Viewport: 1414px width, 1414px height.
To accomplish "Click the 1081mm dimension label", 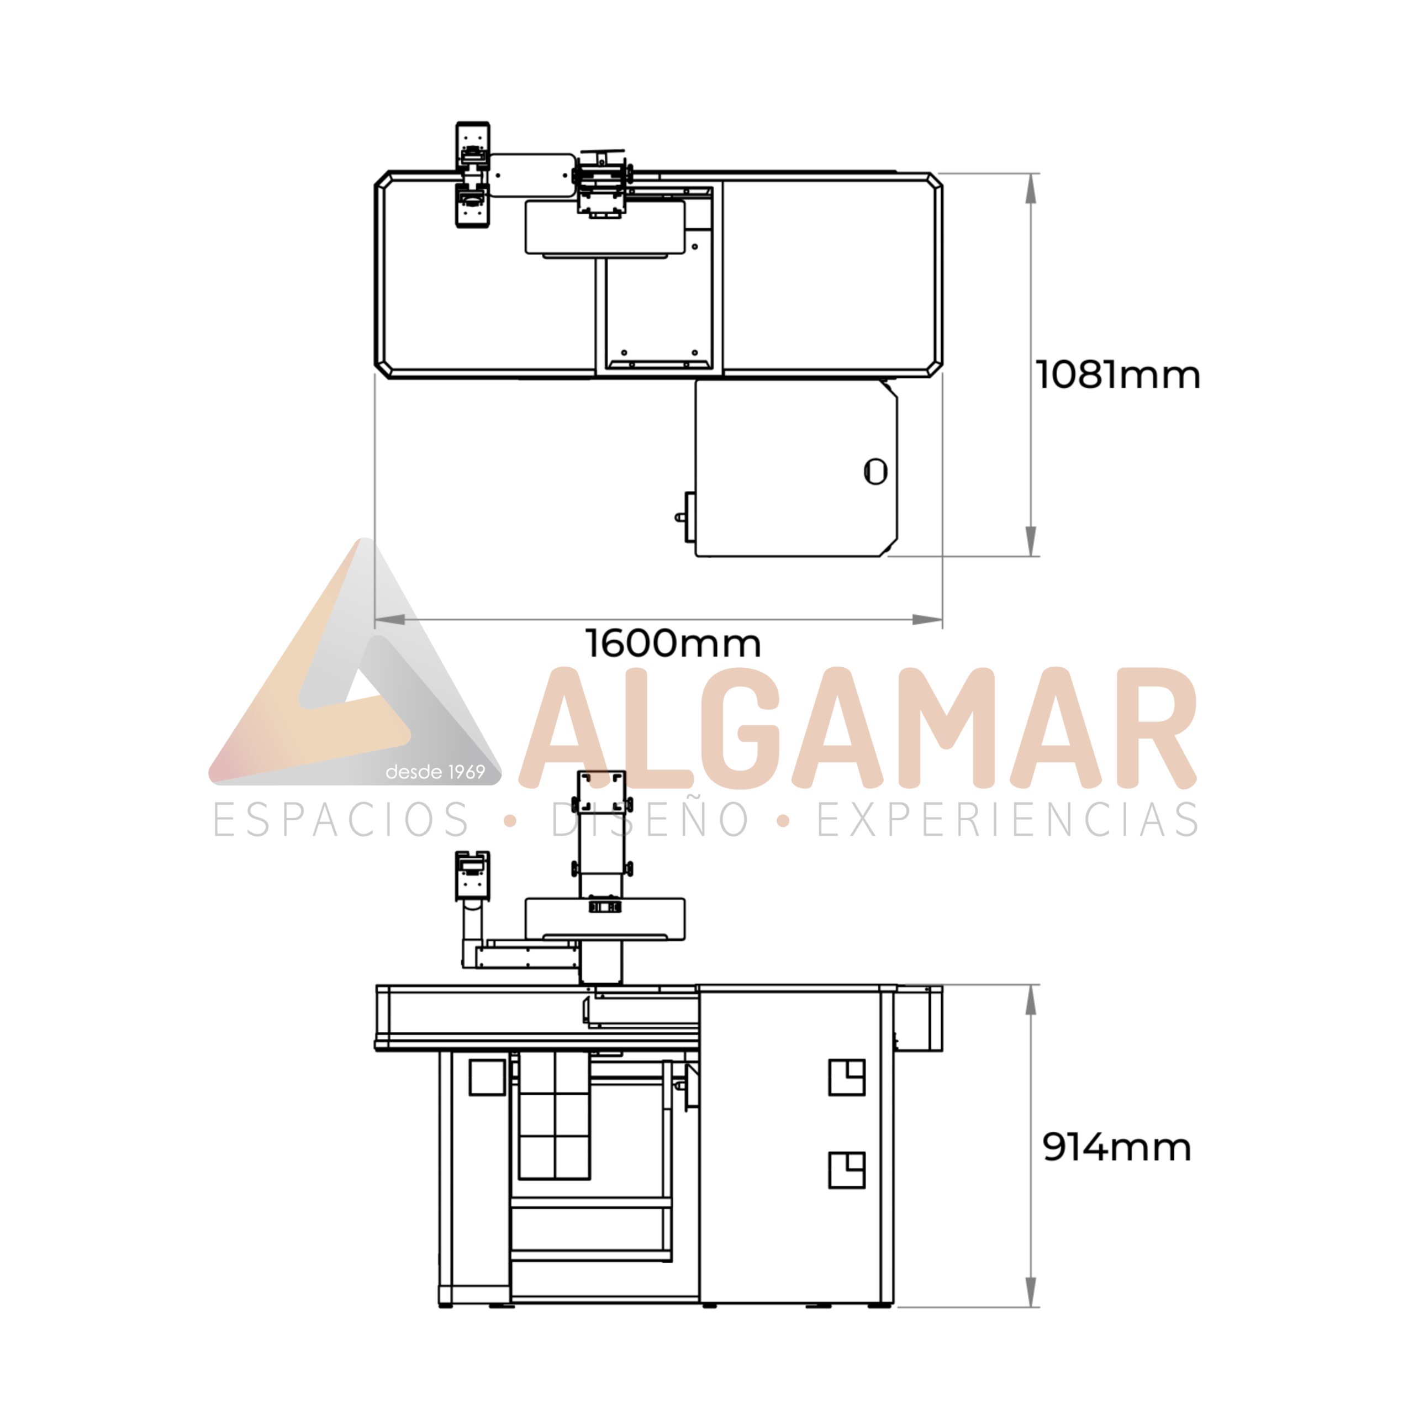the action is (1117, 376).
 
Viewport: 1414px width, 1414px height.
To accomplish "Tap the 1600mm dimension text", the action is (673, 643).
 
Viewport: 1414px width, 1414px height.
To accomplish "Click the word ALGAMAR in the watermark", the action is (858, 727).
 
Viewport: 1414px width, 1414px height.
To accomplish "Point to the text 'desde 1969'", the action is (435, 772).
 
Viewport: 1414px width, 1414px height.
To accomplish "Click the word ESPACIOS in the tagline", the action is (341, 819).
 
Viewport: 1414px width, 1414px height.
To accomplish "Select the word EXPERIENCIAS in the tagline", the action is (1007, 819).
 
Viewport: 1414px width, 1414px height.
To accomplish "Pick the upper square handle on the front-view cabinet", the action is (847, 1077).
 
